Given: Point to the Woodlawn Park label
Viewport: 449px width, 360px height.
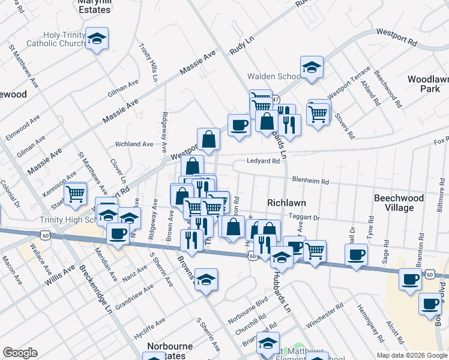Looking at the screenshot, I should (x=427, y=83).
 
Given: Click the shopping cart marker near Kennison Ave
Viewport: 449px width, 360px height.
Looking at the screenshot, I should (x=76, y=194).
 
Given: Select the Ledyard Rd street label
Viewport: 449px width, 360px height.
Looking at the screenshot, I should (x=263, y=161).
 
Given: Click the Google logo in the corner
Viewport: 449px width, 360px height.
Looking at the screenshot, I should (x=20, y=353).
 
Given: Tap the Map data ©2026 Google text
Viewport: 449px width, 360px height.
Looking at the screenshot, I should (x=412, y=355).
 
